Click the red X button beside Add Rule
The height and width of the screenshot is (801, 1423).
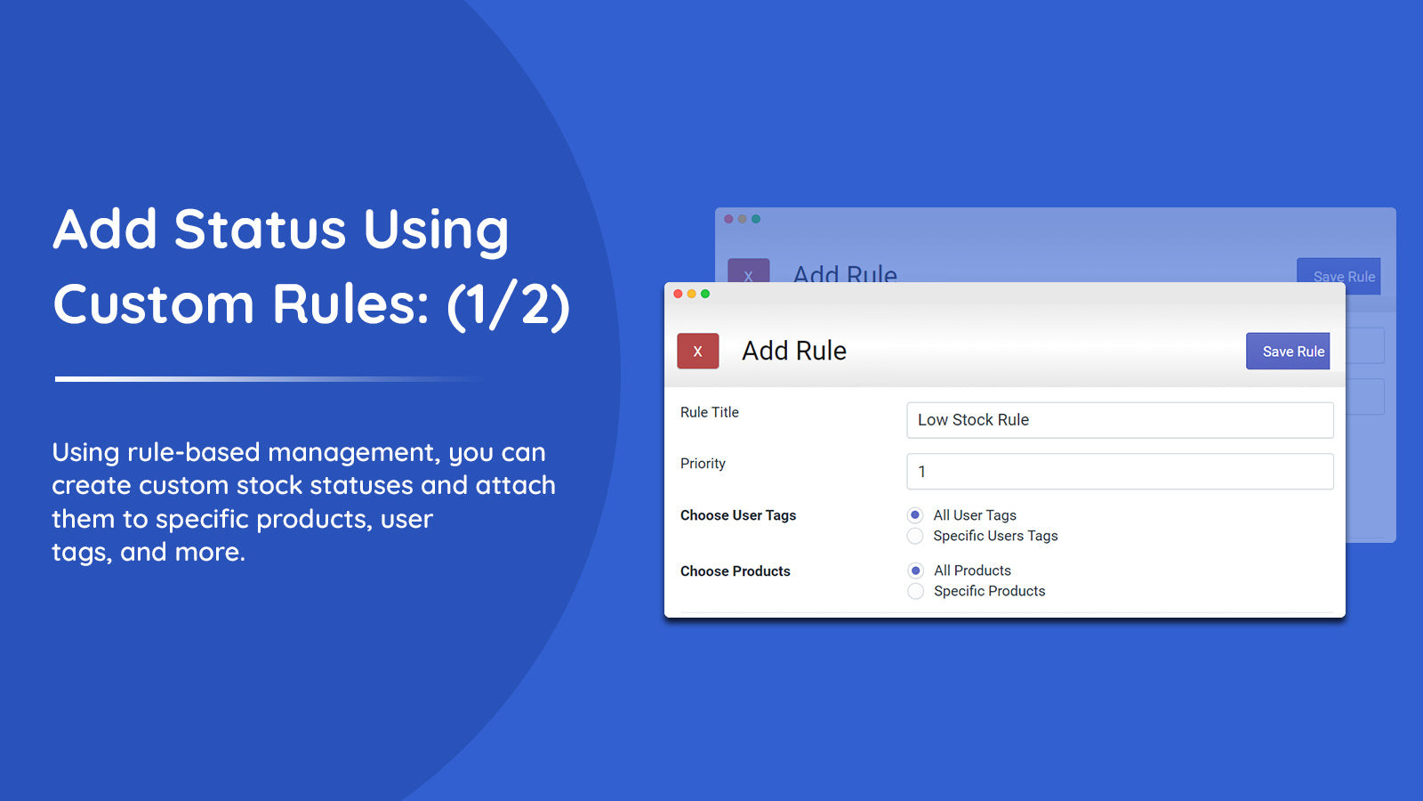point(697,352)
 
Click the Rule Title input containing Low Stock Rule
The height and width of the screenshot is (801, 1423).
point(1119,420)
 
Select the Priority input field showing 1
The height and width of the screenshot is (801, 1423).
point(1119,472)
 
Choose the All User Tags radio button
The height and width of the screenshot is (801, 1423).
point(915,515)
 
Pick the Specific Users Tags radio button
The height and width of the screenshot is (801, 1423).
point(915,536)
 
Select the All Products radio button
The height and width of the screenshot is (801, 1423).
point(915,570)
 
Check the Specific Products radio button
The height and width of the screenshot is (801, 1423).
point(915,591)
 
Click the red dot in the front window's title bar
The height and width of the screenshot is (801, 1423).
point(678,294)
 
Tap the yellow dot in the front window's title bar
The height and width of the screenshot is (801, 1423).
point(692,294)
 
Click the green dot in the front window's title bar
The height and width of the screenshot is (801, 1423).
point(705,294)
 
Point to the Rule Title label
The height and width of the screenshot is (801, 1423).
point(709,412)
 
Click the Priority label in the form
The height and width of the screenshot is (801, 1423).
point(703,464)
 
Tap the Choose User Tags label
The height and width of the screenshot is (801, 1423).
point(738,515)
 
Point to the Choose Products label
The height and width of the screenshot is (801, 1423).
point(735,571)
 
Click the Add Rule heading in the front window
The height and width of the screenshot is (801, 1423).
point(794,351)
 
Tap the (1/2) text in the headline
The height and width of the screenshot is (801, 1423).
point(508,304)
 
